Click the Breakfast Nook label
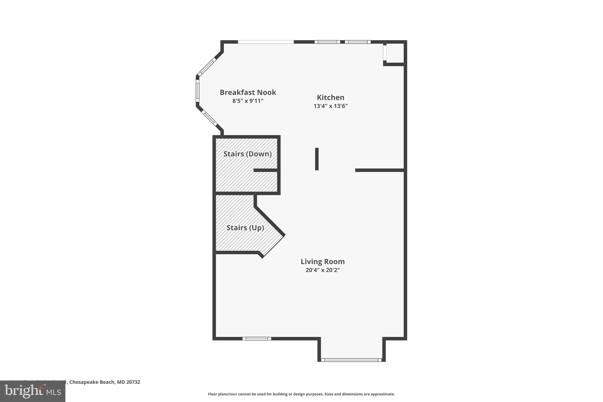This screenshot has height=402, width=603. (x=248, y=92)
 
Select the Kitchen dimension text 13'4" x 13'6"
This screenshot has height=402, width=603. (x=330, y=106)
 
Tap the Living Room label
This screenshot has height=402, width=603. (x=322, y=262)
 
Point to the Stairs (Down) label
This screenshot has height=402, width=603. (x=247, y=154)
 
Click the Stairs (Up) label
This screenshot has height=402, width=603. (x=245, y=228)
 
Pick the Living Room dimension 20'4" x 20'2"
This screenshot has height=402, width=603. (x=322, y=270)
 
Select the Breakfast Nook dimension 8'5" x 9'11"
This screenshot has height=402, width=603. (x=248, y=101)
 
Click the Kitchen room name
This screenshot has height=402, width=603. (x=330, y=97)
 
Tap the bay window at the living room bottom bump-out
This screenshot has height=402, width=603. (x=351, y=360)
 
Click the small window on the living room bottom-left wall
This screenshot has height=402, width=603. (x=257, y=339)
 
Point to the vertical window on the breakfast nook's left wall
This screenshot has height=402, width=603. (x=198, y=92)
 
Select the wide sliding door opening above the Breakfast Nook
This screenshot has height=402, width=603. (x=266, y=42)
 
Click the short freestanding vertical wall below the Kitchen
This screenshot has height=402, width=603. (x=317, y=159)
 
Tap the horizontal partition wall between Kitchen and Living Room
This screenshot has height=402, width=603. (x=380, y=170)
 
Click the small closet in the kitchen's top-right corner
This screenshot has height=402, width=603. (x=395, y=53)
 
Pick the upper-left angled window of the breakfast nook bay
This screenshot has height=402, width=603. (x=207, y=67)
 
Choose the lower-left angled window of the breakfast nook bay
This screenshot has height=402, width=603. (x=209, y=118)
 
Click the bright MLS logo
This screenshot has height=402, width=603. (x=33, y=391)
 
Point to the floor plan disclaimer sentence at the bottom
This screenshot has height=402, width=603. (x=301, y=394)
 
